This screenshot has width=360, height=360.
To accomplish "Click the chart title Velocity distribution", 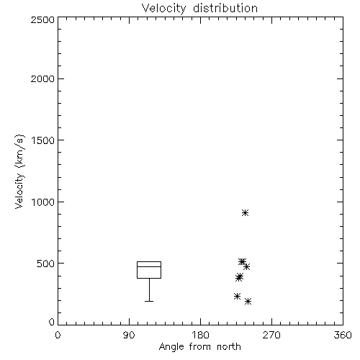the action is [x=199, y=8].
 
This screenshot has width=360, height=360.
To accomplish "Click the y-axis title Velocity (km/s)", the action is [x=19, y=171].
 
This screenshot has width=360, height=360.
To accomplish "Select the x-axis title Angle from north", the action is [x=199, y=346].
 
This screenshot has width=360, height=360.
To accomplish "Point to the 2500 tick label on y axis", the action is [x=42, y=19].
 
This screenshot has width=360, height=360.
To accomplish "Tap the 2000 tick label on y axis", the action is [x=42, y=78].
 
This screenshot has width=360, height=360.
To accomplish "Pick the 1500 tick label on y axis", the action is [x=43, y=140].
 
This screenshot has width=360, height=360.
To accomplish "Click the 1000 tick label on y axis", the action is [x=43, y=202].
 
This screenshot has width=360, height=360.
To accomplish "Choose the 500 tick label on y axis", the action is [x=46, y=264].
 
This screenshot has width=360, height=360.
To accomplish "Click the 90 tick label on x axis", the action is [x=129, y=335].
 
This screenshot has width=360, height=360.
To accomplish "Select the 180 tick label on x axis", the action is [x=200, y=335].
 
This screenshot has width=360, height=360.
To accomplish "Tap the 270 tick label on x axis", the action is [x=271, y=335].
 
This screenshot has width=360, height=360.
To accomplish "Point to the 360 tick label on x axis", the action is [x=343, y=335].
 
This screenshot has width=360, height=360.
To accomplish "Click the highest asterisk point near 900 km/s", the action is [x=245, y=212].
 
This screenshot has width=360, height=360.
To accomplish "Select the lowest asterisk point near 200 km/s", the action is [x=248, y=301].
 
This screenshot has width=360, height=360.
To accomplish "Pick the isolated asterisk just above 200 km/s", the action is [x=237, y=296].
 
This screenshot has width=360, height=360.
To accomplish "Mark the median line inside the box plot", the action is [x=149, y=266].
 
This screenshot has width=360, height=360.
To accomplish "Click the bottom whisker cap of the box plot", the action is [x=149, y=301].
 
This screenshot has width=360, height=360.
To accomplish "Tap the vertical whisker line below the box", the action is [x=149, y=289].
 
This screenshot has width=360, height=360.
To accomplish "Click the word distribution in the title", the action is [x=225, y=8].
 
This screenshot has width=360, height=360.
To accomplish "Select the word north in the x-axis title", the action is [x=229, y=346].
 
